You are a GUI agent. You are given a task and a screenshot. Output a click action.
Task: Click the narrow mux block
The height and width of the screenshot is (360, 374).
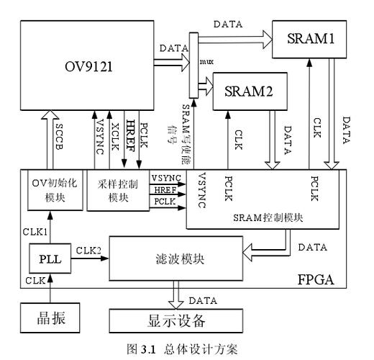193,65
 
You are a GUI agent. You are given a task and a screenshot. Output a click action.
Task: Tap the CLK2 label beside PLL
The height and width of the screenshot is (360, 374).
88,249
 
